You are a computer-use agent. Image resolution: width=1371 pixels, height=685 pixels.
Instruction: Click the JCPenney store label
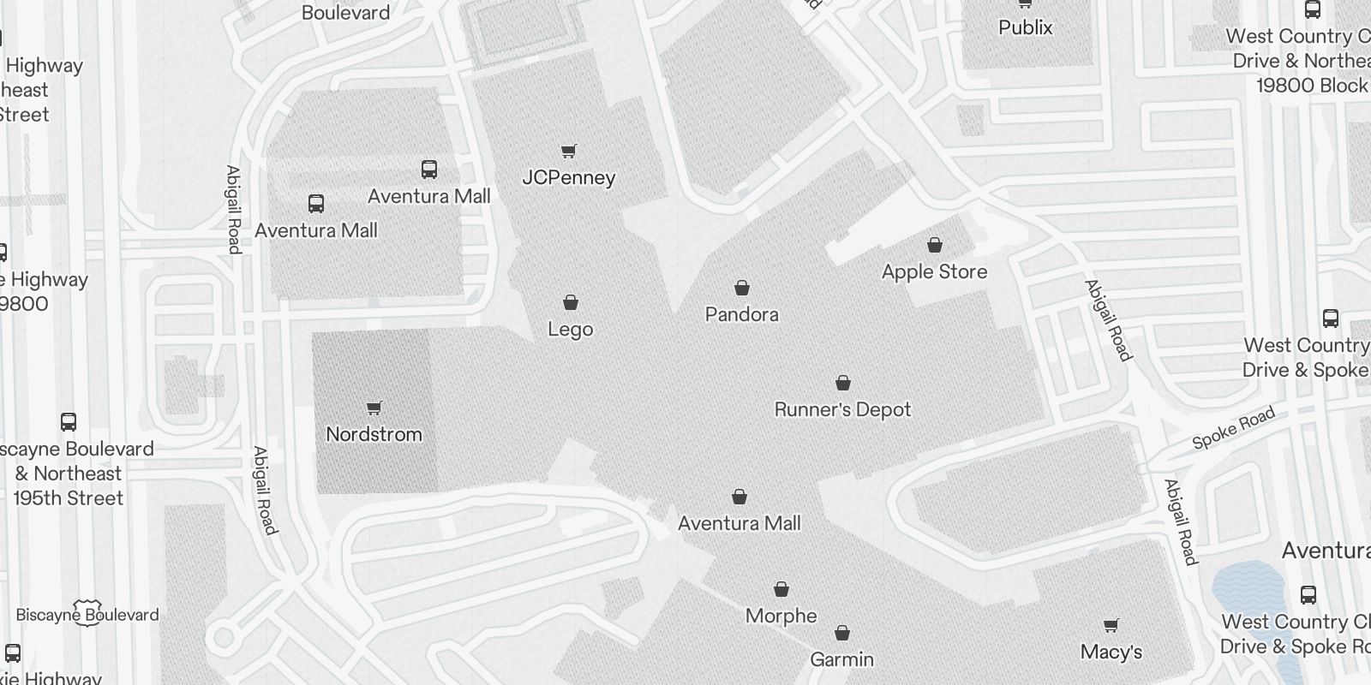569,178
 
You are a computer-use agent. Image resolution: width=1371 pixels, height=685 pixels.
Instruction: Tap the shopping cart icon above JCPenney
568,152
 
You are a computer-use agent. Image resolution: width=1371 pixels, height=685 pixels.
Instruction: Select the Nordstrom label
374,434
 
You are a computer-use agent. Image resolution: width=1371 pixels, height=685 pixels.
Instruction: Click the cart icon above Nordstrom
374,408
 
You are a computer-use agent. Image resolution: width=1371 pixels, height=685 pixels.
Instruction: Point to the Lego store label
571,330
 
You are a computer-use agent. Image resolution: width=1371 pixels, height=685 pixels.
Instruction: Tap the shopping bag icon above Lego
571,302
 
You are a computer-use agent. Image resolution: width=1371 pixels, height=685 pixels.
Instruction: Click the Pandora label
742,314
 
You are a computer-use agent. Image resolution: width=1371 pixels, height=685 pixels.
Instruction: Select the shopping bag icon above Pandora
742,288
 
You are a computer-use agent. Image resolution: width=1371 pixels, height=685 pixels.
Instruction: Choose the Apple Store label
934,271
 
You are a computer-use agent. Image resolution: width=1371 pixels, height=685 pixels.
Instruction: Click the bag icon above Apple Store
935,245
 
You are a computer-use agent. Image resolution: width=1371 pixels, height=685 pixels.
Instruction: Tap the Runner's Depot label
842,409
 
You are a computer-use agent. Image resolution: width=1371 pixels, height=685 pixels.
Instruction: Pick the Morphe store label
781,616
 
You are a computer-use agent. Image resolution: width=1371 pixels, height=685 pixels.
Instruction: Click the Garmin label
842,659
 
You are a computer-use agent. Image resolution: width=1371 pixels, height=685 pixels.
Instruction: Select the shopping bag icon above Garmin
842,634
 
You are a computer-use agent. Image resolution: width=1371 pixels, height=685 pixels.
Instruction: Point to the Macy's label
1111,652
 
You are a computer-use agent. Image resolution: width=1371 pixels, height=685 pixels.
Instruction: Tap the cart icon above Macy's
1111,625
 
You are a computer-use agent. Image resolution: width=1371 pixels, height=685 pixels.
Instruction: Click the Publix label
1025,27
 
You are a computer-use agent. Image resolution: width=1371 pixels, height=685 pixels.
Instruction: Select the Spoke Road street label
1234,429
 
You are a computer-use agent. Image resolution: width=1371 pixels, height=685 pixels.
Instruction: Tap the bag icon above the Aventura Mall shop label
739,497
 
